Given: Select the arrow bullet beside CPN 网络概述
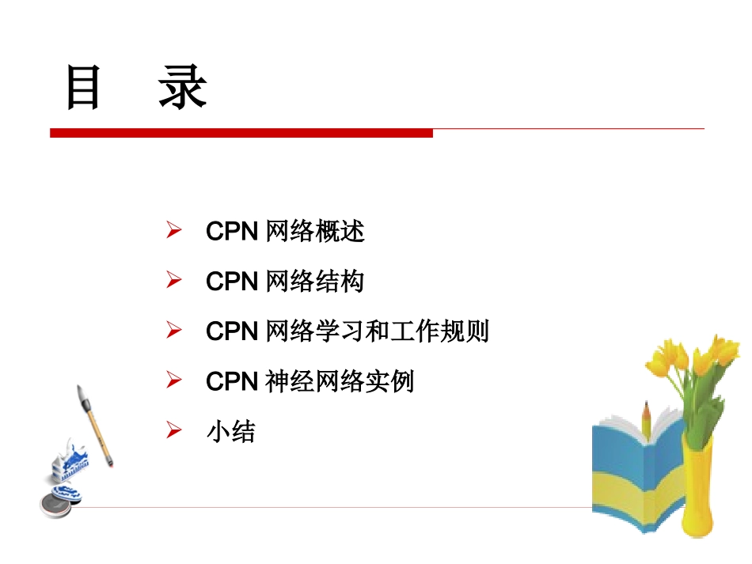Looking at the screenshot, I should pyautogui.click(x=174, y=231).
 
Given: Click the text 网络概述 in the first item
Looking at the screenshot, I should pyautogui.click(x=316, y=232).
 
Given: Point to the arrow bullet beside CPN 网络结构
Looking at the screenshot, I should pyautogui.click(x=174, y=281).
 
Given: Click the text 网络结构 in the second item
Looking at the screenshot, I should pyautogui.click(x=316, y=282).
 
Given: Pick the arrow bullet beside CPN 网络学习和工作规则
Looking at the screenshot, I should pyautogui.click(x=174, y=331).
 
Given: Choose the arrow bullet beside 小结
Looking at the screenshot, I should pyautogui.click(x=174, y=431).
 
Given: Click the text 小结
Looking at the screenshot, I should pyautogui.click(x=231, y=432).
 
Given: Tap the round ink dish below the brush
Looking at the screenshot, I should pyautogui.click(x=55, y=503).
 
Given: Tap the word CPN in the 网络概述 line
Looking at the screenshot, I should pyautogui.click(x=232, y=232).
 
